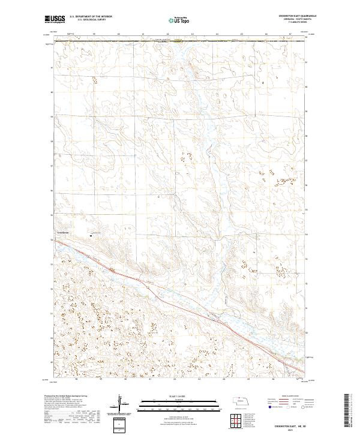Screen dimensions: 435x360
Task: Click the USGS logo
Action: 55,20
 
